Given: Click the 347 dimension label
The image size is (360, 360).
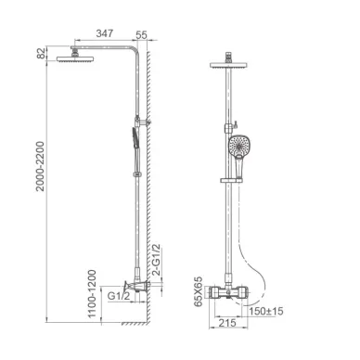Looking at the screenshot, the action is (105, 33).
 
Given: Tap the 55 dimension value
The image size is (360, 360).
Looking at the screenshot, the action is (141, 35).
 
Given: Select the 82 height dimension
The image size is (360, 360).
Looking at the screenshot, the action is (41, 53).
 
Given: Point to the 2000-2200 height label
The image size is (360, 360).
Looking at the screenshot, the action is (40, 166).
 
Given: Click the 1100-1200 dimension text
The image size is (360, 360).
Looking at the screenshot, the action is (92, 294).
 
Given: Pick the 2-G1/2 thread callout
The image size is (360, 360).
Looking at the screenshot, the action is (157, 260).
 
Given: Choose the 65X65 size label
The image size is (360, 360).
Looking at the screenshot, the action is (198, 291).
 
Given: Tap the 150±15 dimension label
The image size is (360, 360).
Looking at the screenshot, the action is (266, 311).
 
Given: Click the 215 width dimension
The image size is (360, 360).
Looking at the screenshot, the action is (227, 323).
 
